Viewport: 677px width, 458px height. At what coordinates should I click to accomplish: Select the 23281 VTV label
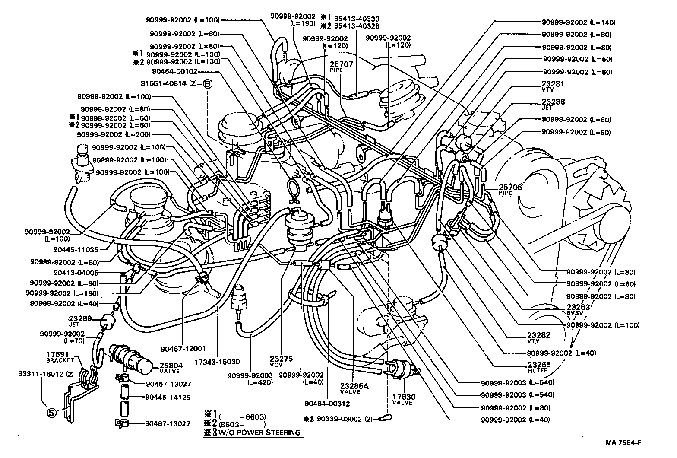[x=553, y=86]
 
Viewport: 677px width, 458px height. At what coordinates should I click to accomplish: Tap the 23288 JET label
[x=553, y=104]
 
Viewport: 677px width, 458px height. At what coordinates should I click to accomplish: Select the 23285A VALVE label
[x=354, y=389]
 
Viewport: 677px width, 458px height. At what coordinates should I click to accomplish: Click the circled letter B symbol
[x=207, y=84]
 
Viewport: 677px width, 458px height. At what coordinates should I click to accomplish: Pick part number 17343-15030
[x=217, y=361]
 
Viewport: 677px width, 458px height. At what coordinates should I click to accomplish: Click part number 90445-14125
[x=168, y=397]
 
